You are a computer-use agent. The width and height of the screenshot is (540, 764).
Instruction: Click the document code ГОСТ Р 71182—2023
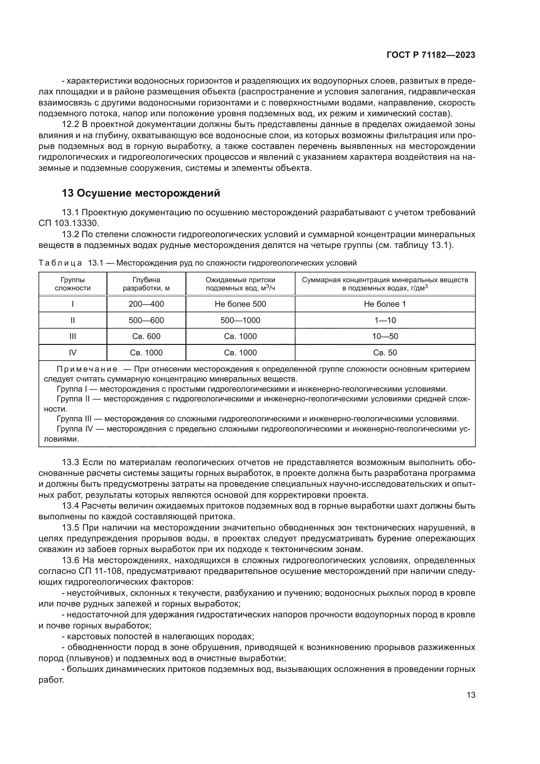pos(431,55)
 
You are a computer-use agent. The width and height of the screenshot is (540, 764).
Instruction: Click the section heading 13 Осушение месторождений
pos(141,193)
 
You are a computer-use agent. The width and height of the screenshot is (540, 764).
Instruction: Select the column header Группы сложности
pos(72,284)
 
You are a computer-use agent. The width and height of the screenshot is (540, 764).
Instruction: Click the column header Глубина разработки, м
pos(146,284)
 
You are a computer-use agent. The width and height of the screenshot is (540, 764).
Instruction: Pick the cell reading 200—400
pos(146,304)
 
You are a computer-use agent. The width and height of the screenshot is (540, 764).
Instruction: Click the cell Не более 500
pos(240,304)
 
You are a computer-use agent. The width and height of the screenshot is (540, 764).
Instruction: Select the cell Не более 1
pos(385,304)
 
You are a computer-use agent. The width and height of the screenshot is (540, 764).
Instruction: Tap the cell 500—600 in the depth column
pos(146,320)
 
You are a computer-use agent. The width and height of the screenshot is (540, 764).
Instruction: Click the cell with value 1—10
pos(385,320)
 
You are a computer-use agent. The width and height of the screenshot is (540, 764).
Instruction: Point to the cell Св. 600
pos(146,336)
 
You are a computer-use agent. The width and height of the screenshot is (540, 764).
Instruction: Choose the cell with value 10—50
pos(385,336)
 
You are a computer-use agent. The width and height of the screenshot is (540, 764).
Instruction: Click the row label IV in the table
pos(72,352)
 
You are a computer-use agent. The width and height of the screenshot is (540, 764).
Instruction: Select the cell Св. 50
pos(385,352)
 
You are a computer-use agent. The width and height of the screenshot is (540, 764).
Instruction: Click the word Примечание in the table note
pos(87,369)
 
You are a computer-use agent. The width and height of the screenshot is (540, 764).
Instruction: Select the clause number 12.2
pos(70,124)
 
